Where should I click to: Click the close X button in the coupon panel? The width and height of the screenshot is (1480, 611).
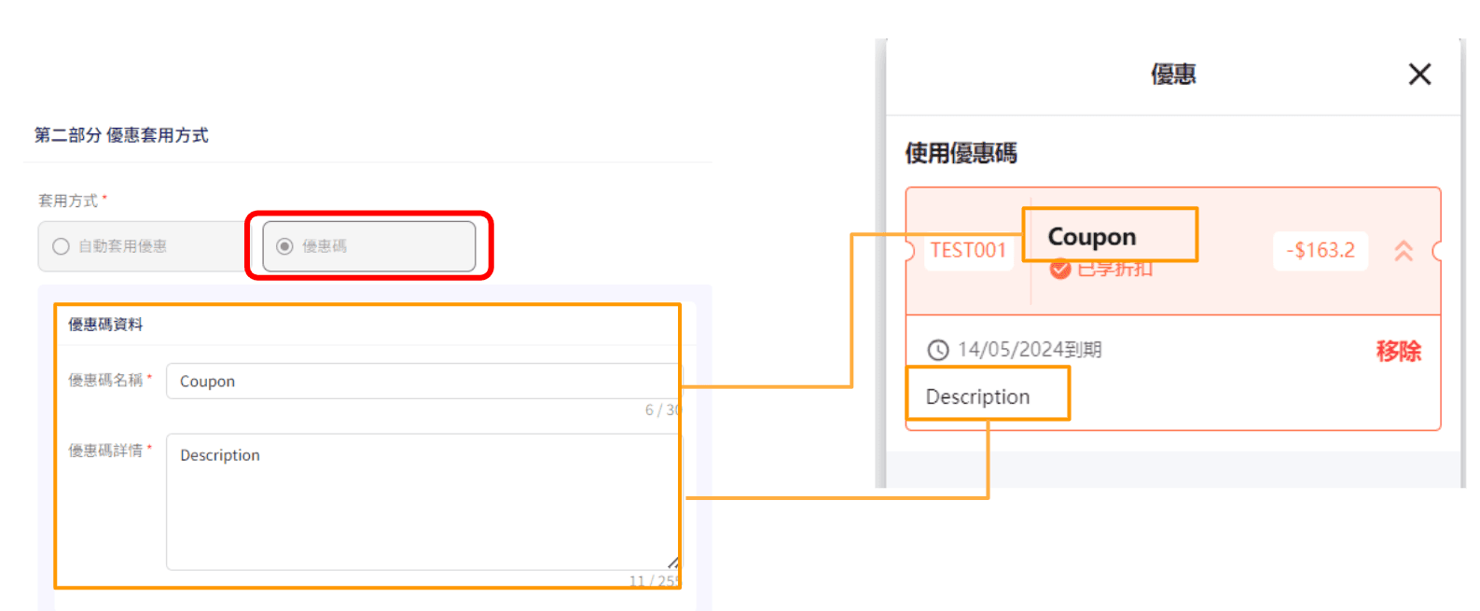pyautogui.click(x=1419, y=75)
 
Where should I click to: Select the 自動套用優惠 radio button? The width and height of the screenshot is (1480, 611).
pyautogui.click(x=62, y=246)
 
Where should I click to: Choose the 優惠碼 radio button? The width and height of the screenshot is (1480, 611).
pyautogui.click(x=285, y=246)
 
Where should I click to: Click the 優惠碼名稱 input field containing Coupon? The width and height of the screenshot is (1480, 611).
pyautogui.click(x=420, y=382)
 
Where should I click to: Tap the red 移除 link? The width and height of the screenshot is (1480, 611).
pyautogui.click(x=1398, y=352)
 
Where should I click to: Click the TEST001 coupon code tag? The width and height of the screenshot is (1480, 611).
pyautogui.click(x=968, y=251)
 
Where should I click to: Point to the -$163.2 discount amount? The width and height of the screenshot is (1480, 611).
pyautogui.click(x=1320, y=251)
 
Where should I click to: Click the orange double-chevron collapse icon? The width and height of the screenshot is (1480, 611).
pyautogui.click(x=1403, y=251)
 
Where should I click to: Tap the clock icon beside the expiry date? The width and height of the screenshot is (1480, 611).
pyautogui.click(x=938, y=350)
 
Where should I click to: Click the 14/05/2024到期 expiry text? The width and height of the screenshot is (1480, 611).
pyautogui.click(x=1030, y=350)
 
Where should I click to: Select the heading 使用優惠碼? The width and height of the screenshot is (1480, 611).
pyautogui.click(x=961, y=153)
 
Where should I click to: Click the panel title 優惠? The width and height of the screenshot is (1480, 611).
pyautogui.click(x=1173, y=75)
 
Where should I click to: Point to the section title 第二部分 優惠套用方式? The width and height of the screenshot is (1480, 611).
pyautogui.click(x=121, y=135)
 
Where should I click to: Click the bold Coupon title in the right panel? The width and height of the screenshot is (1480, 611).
pyautogui.click(x=1091, y=237)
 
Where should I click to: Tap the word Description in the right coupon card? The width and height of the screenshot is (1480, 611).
pyautogui.click(x=977, y=397)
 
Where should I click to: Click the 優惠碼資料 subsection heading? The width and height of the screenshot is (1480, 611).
pyautogui.click(x=105, y=325)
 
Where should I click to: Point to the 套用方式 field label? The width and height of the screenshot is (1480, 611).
pyautogui.click(x=68, y=201)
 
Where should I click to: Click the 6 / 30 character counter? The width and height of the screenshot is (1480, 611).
pyautogui.click(x=662, y=410)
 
